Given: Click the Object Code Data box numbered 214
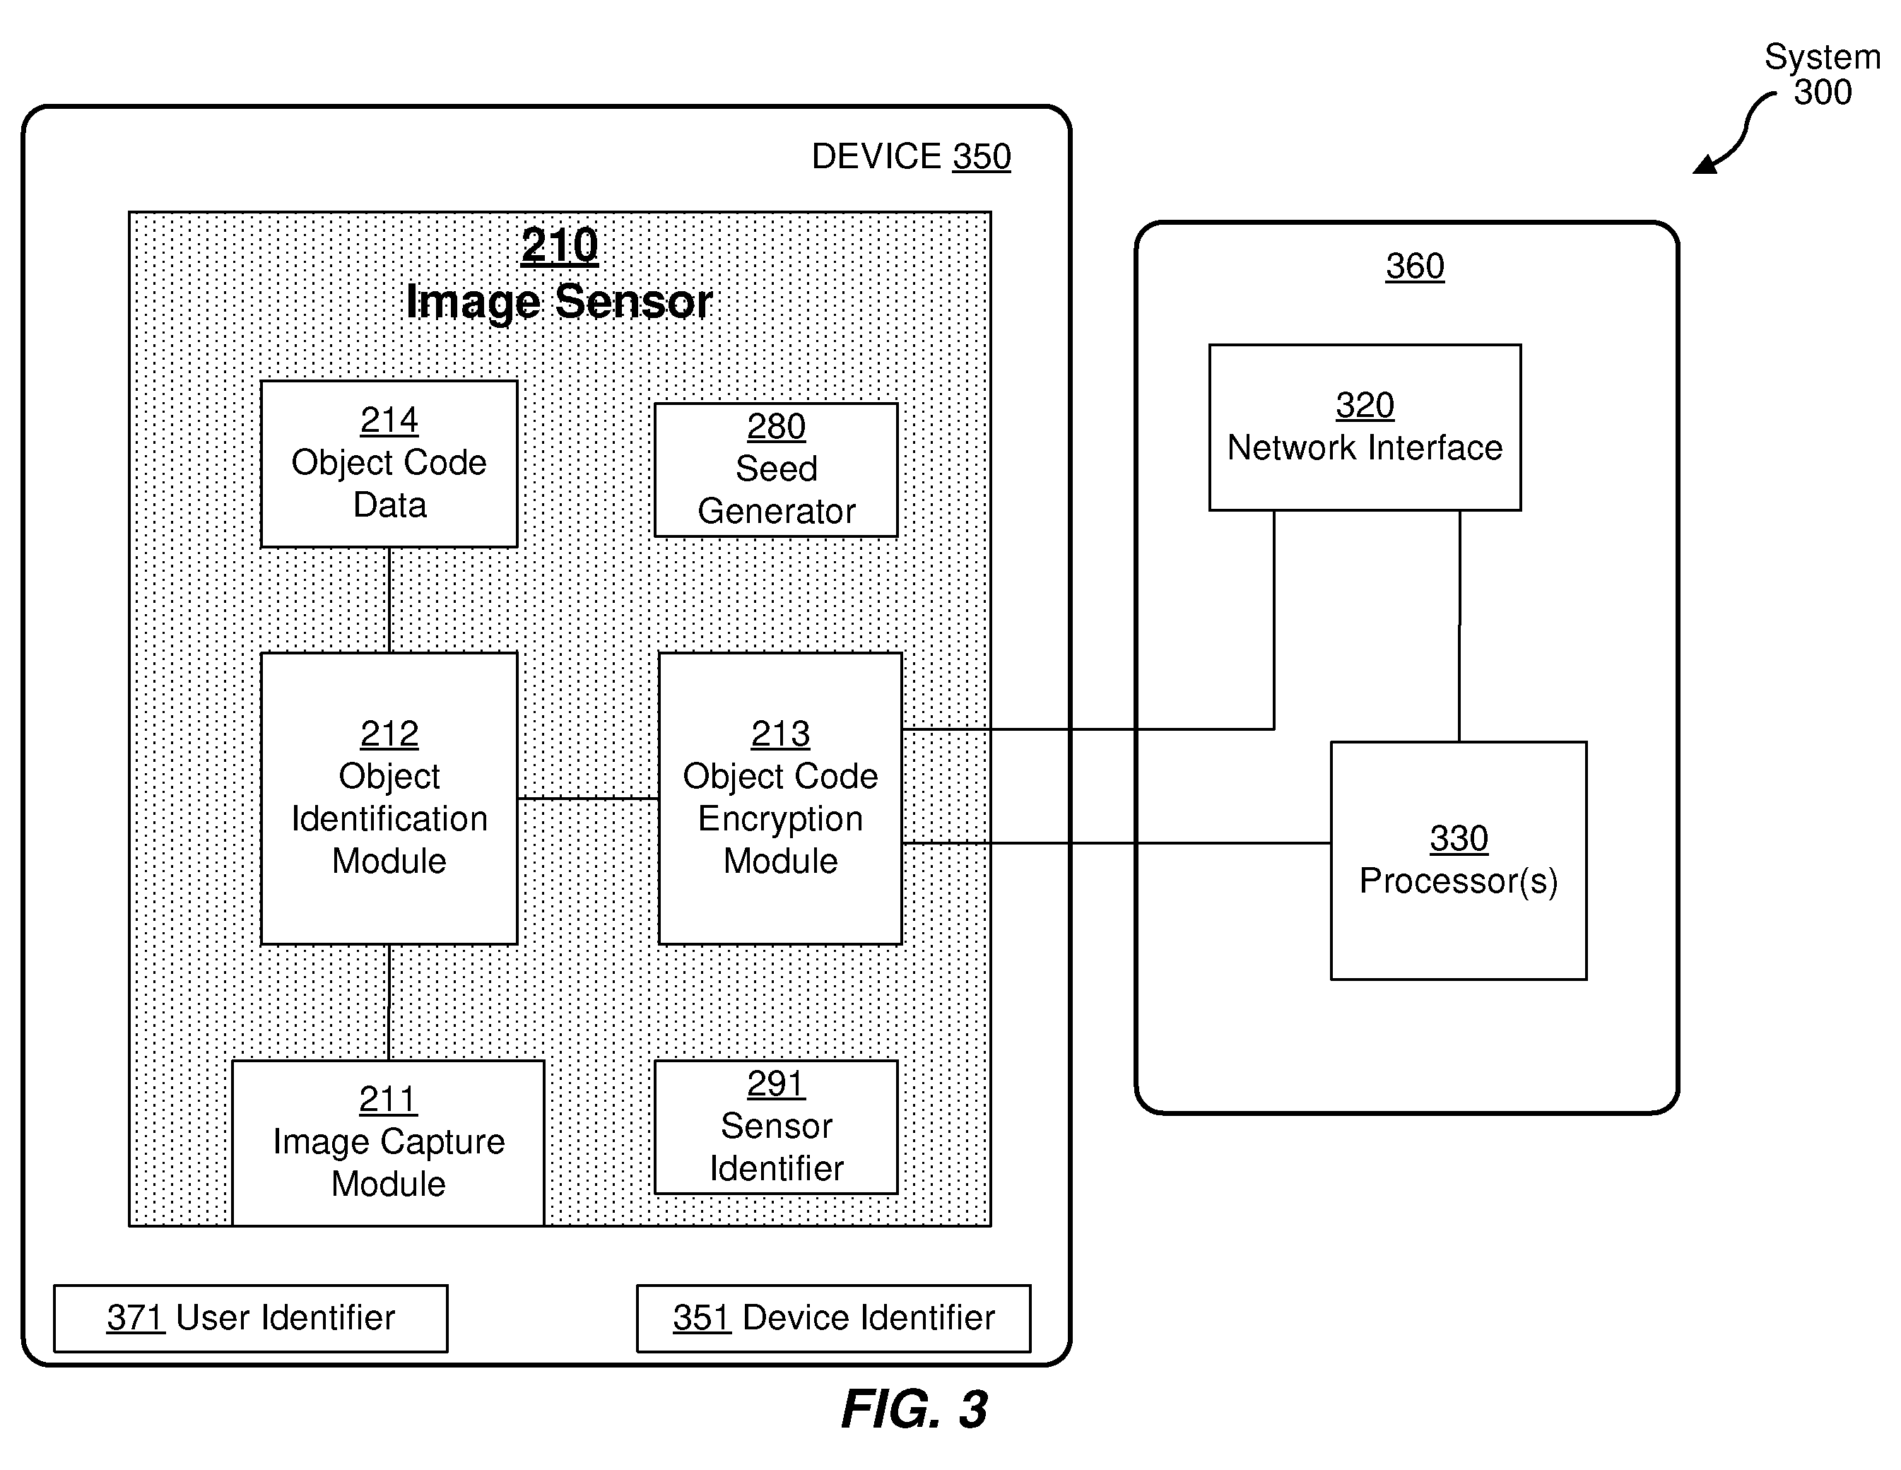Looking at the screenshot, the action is pos(389,464).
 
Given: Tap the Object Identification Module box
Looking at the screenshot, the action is pos(389,798).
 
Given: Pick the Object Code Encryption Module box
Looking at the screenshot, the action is pos(781,798).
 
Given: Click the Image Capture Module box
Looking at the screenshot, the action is pos(388,1143).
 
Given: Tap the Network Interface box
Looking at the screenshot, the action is pos(1365,428).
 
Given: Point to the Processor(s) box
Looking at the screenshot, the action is pos(1459,861).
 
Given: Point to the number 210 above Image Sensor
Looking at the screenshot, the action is pos(560,245).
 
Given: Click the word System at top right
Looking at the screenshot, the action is pos(1822,57).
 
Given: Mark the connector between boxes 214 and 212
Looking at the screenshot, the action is pos(389,601).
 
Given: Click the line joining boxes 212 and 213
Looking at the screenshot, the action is pos(589,798).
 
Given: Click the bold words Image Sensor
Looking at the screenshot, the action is pos(560,302).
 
